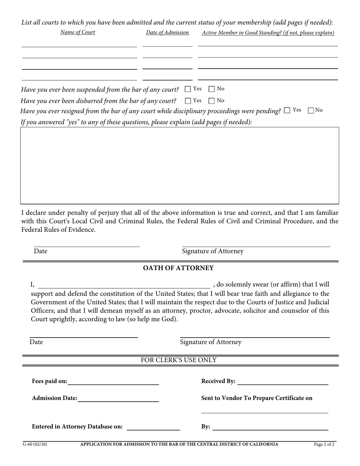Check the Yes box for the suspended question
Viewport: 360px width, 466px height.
188,89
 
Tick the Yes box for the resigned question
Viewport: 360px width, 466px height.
287,110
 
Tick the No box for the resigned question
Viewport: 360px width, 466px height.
311,111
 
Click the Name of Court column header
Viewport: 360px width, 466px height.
78,32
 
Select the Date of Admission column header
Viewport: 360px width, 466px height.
167,33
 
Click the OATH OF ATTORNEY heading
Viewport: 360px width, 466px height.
178,268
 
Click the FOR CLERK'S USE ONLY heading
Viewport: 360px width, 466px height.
179,360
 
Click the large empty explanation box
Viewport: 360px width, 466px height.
180,166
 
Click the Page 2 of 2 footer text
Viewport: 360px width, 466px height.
324,444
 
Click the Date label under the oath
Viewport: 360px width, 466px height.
36,342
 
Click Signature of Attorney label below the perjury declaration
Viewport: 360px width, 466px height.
213,252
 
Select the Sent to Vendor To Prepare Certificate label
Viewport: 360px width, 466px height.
257,398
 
